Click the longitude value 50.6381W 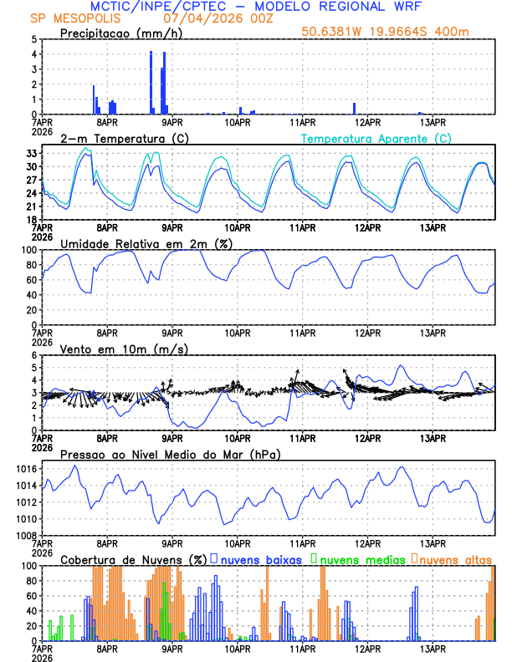(334, 33)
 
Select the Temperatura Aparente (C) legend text (376, 138)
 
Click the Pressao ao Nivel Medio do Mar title (170, 454)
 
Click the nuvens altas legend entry (456, 559)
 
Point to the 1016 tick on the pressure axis (27, 470)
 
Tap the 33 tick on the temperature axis (31, 154)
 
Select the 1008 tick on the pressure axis (27, 535)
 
